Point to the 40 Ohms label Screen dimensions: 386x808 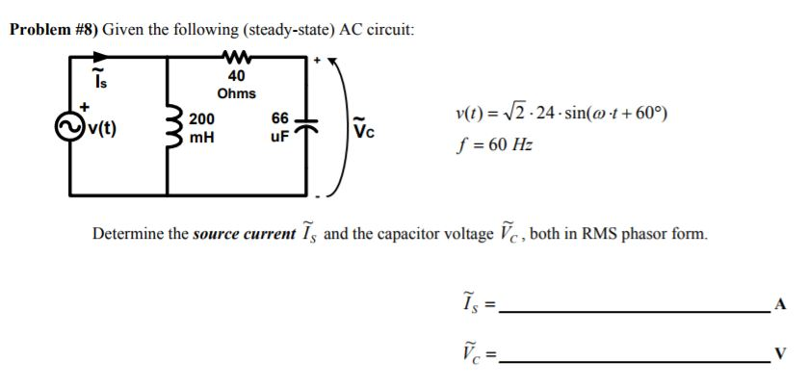236,85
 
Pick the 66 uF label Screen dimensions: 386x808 279,126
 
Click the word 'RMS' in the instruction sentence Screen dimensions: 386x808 596,234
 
